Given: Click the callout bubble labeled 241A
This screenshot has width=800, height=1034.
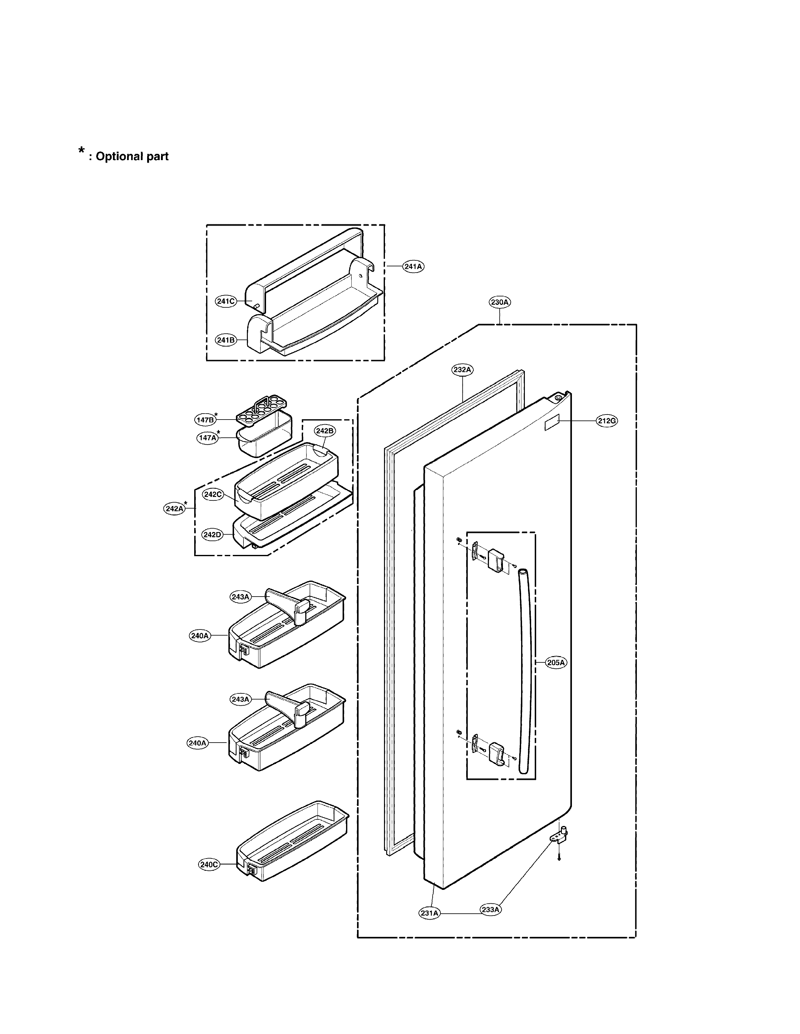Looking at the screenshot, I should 413,267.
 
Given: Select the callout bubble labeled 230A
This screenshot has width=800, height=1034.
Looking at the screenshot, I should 500,302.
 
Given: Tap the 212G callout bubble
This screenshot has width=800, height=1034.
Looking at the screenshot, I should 607,420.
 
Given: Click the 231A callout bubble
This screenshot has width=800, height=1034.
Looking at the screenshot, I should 429,913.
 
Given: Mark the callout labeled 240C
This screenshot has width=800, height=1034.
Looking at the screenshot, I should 209,864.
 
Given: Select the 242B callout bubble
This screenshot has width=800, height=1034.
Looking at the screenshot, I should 325,431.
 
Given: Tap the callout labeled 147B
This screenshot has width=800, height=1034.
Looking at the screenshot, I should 205,420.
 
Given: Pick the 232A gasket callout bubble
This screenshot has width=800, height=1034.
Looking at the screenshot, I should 462,370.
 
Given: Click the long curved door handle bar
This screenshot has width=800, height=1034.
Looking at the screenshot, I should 525,672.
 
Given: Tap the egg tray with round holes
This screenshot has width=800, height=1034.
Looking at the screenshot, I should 262,411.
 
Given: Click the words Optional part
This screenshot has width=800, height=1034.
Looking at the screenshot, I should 132,157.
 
